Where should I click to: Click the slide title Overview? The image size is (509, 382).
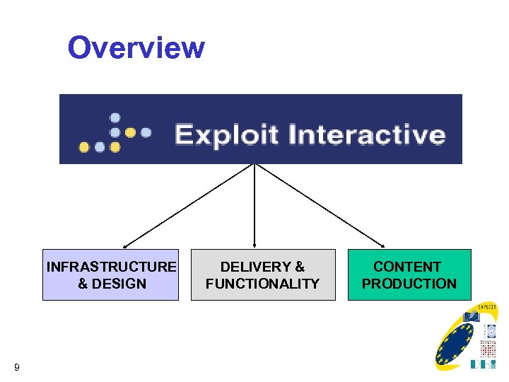(x=136, y=48)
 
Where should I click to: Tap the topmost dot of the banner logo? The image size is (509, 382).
(x=115, y=117)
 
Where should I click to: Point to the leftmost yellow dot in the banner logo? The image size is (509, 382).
(x=84, y=147)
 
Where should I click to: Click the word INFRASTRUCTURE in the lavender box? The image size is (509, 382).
(x=111, y=267)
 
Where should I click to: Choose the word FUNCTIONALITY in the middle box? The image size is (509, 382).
(x=262, y=284)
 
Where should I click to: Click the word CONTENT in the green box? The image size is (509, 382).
(x=407, y=267)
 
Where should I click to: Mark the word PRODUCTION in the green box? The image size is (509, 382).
(x=409, y=284)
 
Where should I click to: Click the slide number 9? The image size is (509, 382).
(x=16, y=366)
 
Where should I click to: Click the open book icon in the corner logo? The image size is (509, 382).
(x=471, y=316)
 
